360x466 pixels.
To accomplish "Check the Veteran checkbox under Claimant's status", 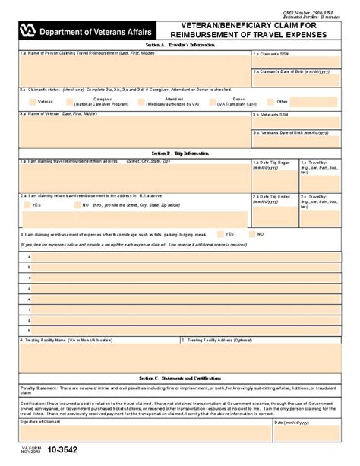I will tap(32, 101).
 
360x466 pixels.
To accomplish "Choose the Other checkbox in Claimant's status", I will tap(270, 101).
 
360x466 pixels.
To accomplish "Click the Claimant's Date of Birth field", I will tap(295, 78).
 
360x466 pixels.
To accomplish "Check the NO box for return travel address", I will tap(76, 205).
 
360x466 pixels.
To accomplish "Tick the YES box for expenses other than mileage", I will tap(221, 234).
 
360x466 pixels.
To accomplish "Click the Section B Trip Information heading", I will tap(180, 153).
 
